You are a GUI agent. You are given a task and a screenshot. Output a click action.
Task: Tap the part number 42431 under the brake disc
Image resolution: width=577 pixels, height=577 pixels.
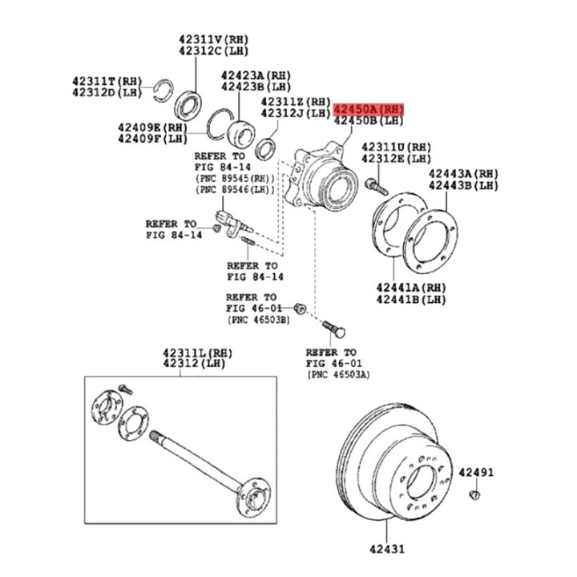pos(387,549)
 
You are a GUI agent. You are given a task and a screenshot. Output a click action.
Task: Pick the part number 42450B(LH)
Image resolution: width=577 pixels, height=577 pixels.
pos(369,121)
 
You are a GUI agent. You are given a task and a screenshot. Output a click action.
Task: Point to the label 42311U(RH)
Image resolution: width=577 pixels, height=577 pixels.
pos(396,147)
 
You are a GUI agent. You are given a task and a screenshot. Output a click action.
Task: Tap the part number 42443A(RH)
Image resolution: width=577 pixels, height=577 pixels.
pos(462,173)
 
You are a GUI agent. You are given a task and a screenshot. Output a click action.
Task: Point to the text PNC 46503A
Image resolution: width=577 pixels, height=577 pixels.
pos(337,373)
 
